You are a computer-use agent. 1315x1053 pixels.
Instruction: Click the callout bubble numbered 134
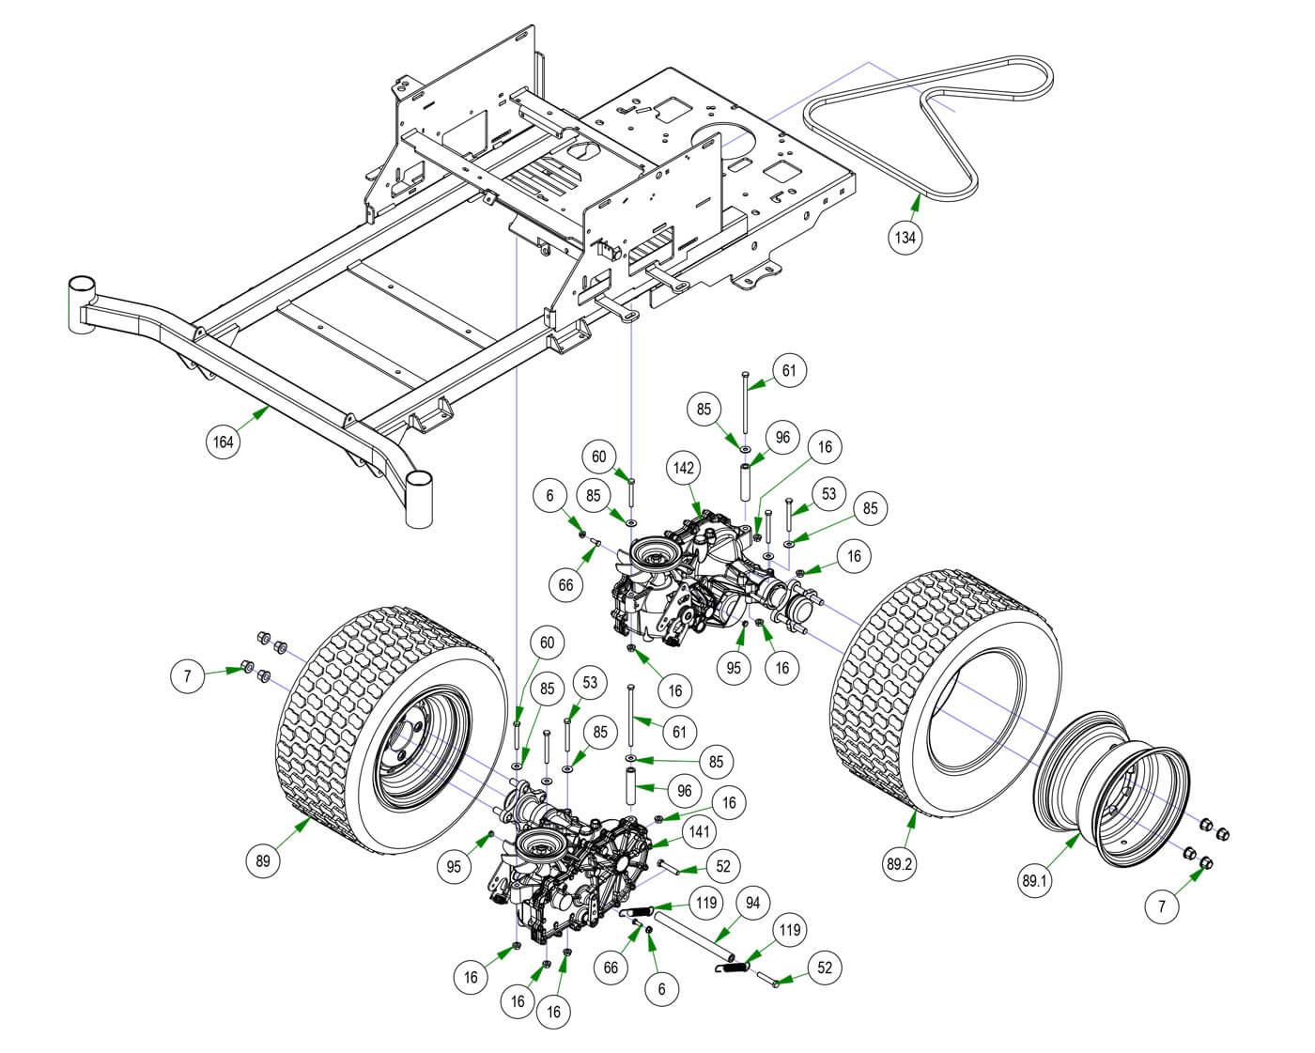click(905, 237)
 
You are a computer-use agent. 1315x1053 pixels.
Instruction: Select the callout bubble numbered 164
click(224, 441)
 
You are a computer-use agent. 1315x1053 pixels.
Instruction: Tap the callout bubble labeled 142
click(683, 467)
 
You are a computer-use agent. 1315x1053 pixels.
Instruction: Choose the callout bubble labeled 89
click(265, 861)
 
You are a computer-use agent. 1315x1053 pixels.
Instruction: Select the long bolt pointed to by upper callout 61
click(744, 404)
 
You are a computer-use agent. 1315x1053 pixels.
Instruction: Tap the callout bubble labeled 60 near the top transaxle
click(598, 457)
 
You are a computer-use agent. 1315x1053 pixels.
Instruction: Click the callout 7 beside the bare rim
click(1162, 906)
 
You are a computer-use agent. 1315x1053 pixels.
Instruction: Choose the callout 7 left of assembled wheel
click(188, 676)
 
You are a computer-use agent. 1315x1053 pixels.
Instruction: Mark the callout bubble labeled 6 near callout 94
click(662, 989)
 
